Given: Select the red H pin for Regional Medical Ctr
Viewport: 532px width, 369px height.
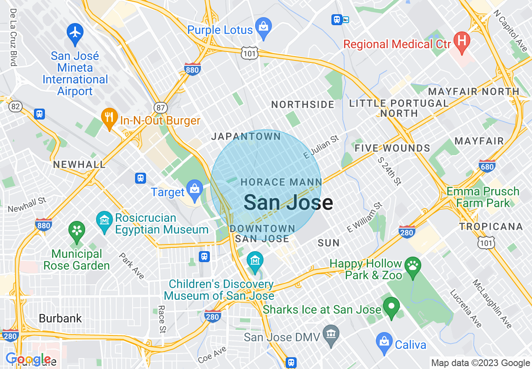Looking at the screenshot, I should click(462, 41).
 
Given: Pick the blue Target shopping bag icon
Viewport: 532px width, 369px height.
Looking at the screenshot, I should click(195, 190).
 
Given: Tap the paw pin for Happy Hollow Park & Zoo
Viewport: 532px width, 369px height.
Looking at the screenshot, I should click(413, 266).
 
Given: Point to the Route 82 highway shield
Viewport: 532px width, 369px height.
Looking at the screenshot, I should click(15, 107).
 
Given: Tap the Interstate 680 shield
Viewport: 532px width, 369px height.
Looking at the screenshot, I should click(487, 166).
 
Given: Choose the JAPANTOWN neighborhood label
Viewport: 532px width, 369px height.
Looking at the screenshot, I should click(246, 137).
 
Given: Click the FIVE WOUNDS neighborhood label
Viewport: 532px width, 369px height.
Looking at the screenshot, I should click(392, 148).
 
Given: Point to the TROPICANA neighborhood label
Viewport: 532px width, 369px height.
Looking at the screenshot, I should click(491, 227).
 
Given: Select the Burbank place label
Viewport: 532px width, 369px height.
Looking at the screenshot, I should click(60, 318).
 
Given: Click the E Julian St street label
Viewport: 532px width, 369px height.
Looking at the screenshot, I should click(321, 147).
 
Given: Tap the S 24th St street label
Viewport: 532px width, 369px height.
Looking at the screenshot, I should click(389, 171).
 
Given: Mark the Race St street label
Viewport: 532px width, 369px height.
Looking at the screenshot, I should click(162, 319).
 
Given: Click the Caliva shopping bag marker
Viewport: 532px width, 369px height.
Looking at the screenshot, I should click(384, 342).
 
